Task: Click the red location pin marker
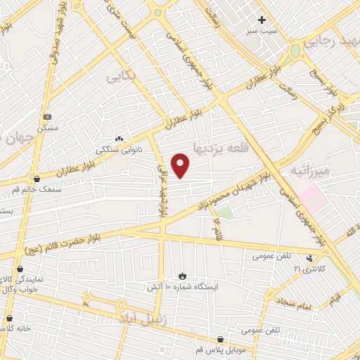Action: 181,165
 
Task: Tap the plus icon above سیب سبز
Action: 262,20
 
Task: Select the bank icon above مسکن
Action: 47,117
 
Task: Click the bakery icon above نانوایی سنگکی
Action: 118,139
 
